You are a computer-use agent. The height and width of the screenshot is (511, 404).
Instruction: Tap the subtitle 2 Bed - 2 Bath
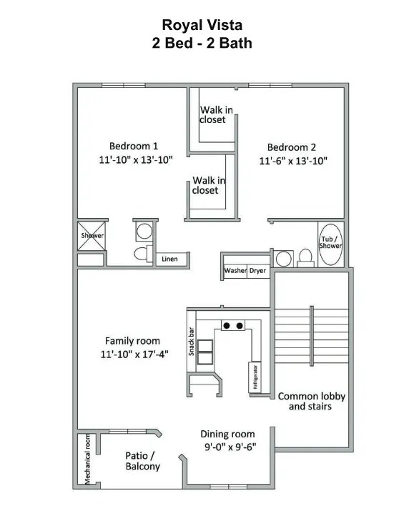[x=202, y=43]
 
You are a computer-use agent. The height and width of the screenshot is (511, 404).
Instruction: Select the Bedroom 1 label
[x=134, y=147]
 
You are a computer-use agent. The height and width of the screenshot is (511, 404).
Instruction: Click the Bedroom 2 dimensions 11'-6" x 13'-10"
[x=293, y=161]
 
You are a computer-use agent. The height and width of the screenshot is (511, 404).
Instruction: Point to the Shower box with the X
[x=92, y=235]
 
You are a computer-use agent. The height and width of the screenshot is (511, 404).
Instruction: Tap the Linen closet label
[x=169, y=259]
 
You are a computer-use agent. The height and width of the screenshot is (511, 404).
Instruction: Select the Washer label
[x=235, y=271]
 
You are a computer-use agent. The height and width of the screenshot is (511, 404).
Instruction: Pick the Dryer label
[x=257, y=271]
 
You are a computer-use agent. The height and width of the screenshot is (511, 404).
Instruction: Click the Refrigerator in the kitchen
[x=254, y=376]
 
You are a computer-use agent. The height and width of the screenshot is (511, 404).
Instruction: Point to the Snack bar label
[x=192, y=342]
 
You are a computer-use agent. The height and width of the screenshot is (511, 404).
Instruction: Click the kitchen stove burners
[x=232, y=326]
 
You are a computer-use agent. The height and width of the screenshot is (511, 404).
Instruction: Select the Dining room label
[x=227, y=434]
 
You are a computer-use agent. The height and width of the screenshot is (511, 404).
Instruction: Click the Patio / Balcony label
[x=142, y=461]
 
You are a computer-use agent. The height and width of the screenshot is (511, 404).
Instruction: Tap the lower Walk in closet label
[x=205, y=186]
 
